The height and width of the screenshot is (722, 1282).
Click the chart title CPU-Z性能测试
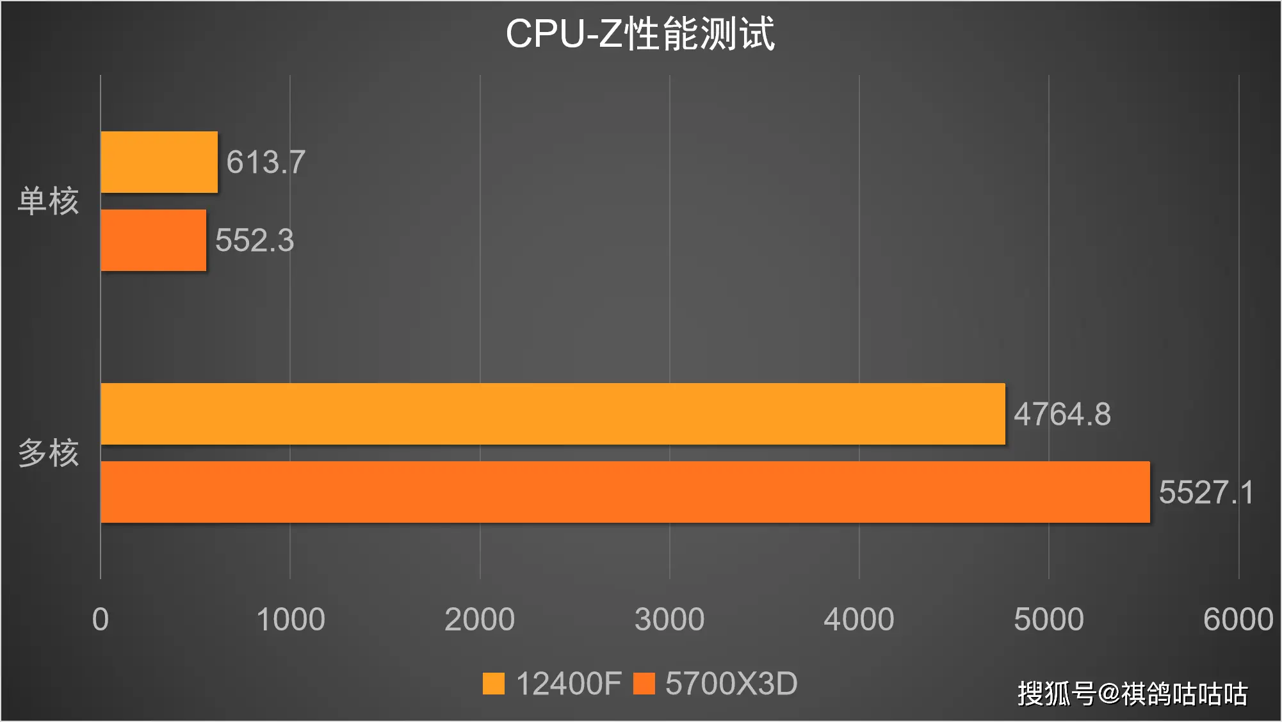(x=640, y=33)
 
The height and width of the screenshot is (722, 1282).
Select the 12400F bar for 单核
(x=159, y=162)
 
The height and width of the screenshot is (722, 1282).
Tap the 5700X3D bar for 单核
(x=153, y=240)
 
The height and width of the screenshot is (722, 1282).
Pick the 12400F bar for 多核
(x=553, y=414)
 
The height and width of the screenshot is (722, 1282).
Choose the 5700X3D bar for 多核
(x=625, y=492)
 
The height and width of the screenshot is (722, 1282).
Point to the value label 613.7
(x=266, y=162)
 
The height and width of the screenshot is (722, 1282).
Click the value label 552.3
(x=254, y=240)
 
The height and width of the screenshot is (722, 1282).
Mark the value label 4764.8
(x=1062, y=414)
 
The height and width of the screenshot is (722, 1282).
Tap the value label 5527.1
(x=1206, y=492)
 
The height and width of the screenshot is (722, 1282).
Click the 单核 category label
(x=48, y=201)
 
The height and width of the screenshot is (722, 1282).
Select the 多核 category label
(x=48, y=453)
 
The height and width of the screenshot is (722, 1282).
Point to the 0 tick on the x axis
(x=101, y=619)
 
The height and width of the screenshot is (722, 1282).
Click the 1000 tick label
(x=290, y=619)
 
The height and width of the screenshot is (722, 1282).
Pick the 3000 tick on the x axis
(x=669, y=619)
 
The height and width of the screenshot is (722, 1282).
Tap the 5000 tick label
(x=1048, y=619)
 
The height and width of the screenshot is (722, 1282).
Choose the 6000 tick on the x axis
(x=1238, y=619)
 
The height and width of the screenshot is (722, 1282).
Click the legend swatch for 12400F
(x=494, y=684)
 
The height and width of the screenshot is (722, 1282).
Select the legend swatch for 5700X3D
(x=644, y=684)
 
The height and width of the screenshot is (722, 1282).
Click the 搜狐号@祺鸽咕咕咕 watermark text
(x=1132, y=694)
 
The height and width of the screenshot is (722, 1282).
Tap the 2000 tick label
(x=480, y=619)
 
